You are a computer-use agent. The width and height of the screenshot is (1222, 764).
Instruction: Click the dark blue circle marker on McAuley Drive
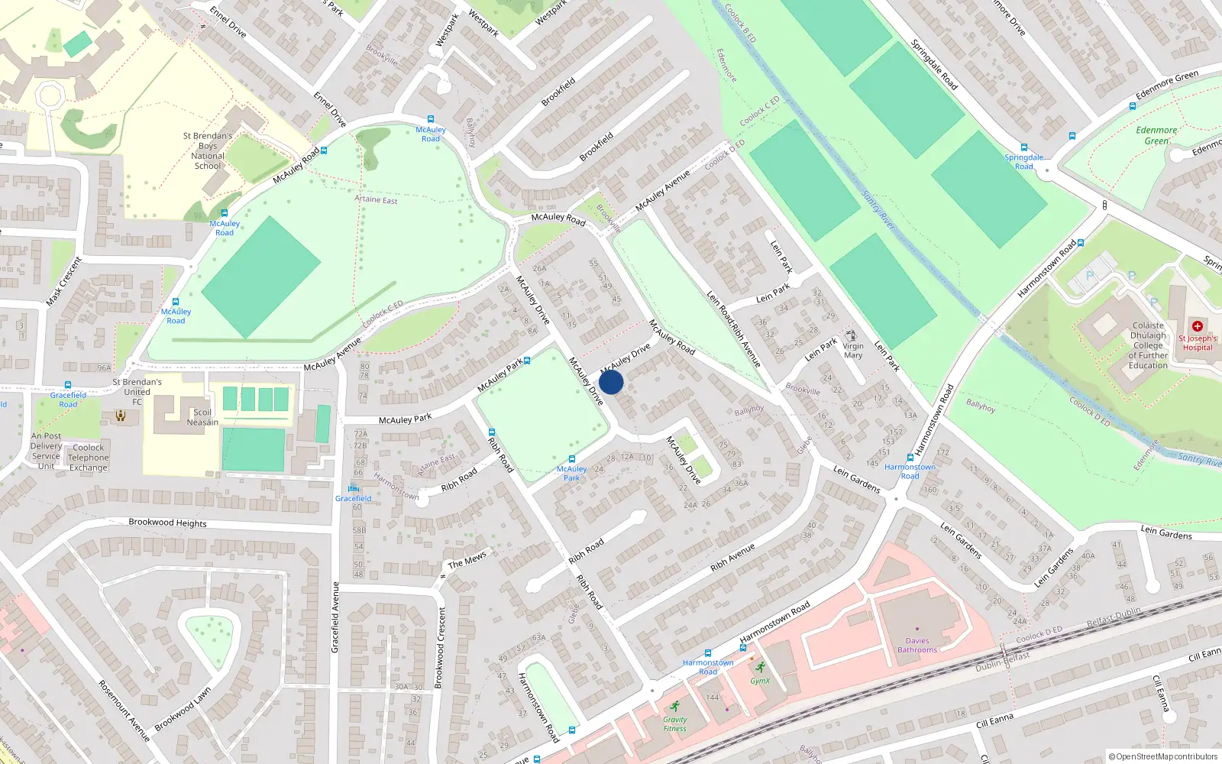pyautogui.click(x=611, y=382)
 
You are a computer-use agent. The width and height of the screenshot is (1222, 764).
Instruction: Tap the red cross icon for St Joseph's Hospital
pyautogui.click(x=1197, y=326)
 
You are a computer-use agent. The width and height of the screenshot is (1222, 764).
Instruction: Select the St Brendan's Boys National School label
pyautogui.click(x=208, y=151)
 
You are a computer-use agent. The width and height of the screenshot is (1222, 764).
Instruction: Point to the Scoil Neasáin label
pyautogui.click(x=202, y=417)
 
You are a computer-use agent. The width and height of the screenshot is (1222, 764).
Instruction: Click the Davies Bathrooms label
pyautogui.click(x=917, y=646)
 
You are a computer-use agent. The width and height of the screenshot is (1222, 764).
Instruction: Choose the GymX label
pyautogui.click(x=760, y=681)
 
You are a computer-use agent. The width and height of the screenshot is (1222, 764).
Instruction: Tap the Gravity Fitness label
pyautogui.click(x=674, y=724)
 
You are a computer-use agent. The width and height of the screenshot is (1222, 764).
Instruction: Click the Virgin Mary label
pyautogui.click(x=853, y=351)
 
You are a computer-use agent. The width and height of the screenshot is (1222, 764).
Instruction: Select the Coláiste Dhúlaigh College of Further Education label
pyautogui.click(x=1148, y=345)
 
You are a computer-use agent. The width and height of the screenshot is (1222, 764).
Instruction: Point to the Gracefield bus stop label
pyautogui.click(x=354, y=498)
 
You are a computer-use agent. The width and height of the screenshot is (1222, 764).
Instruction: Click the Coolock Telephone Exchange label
pyautogui.click(x=89, y=458)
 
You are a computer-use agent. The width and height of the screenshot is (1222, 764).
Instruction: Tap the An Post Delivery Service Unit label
pyautogui.click(x=46, y=451)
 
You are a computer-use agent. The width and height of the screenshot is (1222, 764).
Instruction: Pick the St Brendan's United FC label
pyautogui.click(x=137, y=392)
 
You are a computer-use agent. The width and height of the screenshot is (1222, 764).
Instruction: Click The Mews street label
pyautogui.click(x=467, y=561)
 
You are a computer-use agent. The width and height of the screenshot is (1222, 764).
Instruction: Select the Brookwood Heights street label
pyautogui.click(x=167, y=523)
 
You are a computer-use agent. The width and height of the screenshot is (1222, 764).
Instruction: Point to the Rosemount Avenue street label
pyautogui.click(x=124, y=711)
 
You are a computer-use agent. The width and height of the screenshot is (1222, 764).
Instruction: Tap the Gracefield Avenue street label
pyautogui.click(x=335, y=617)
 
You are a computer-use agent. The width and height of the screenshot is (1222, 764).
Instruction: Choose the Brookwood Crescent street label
pyautogui.click(x=439, y=648)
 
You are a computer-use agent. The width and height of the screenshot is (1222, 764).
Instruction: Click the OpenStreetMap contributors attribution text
pyautogui.click(x=1163, y=756)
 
